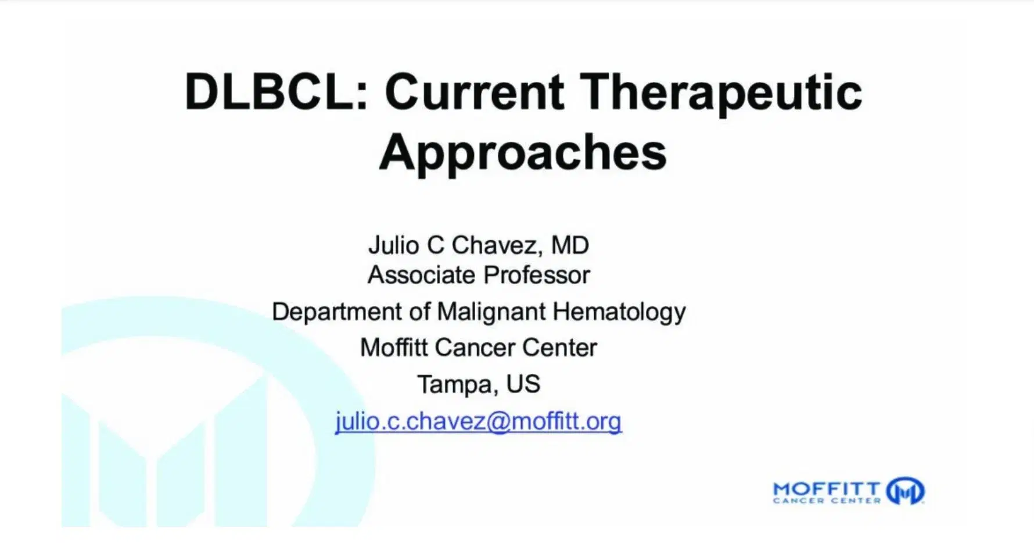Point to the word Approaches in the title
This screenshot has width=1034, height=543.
[x=523, y=152]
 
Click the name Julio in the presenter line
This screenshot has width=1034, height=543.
[x=393, y=245]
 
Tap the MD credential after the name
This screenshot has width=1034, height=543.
[x=570, y=245]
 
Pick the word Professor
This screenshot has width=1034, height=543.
[x=537, y=275]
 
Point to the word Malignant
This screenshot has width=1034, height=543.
[x=491, y=312]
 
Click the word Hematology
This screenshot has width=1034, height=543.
[x=619, y=312]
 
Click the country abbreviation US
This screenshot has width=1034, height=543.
[x=523, y=384]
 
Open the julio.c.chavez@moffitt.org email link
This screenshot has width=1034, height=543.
[x=478, y=421]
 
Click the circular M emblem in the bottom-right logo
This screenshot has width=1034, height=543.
[x=905, y=491]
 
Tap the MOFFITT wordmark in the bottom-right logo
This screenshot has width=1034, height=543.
[x=827, y=489]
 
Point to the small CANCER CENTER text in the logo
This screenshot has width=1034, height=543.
[x=827, y=501]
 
